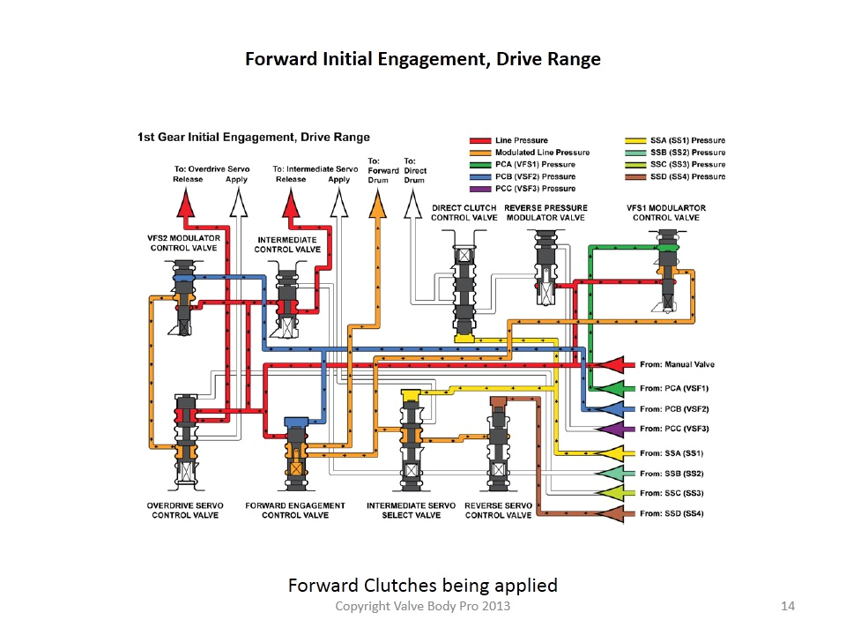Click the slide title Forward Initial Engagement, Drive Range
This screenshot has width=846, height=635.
(422, 59)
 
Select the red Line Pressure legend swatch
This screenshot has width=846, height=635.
(479, 141)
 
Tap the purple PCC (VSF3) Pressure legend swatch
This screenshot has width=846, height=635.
(479, 189)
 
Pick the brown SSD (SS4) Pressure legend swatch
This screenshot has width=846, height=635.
(635, 176)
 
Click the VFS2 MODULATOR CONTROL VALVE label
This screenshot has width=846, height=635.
(183, 243)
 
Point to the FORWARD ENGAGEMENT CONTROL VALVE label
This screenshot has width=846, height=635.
(294, 511)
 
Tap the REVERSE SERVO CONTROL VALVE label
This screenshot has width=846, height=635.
(498, 511)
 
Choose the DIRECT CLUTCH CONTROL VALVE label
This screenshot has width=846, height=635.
(464, 213)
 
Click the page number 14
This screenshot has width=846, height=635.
(789, 607)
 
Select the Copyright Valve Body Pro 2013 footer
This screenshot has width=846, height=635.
(423, 607)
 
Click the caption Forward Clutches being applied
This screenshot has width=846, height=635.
(423, 585)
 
